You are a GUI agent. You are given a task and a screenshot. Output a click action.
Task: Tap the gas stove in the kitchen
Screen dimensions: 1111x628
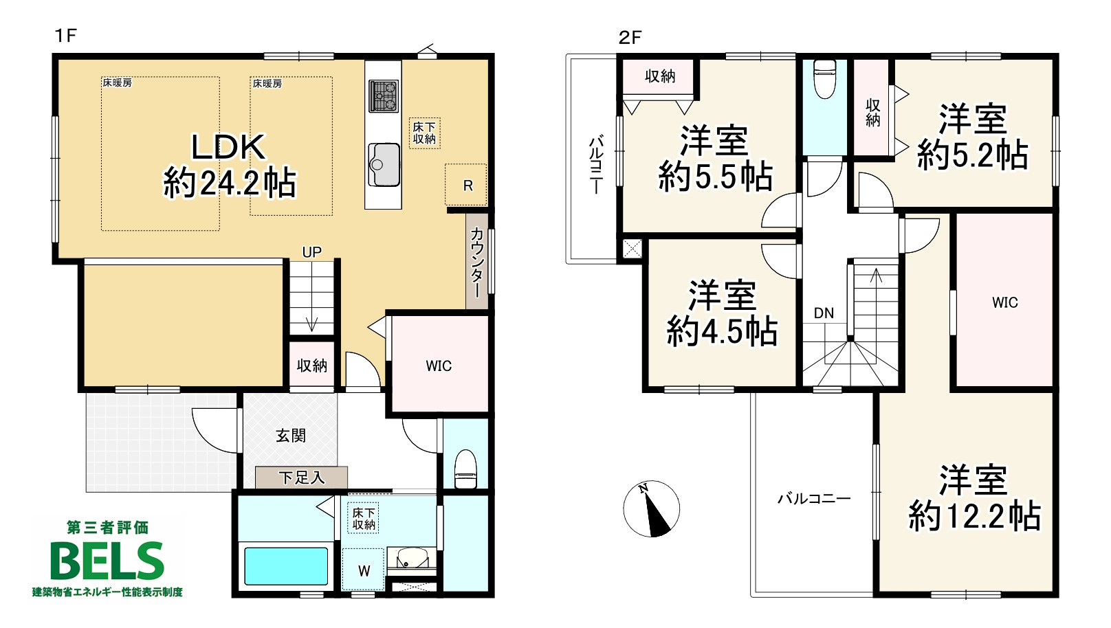383,96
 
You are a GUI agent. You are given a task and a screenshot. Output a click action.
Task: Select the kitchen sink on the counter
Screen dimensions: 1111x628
384,165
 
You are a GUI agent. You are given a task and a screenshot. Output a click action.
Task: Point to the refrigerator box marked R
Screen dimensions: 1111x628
465,184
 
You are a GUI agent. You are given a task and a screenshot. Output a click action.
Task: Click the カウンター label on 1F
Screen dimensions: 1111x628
476,262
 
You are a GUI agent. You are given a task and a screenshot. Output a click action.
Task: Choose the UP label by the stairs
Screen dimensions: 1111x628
311,252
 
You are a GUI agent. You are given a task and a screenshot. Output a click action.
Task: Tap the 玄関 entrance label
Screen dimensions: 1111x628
291,436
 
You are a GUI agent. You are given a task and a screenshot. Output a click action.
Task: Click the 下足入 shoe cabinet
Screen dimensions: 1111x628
301,478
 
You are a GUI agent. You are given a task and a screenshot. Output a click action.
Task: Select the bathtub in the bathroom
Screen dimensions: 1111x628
286,566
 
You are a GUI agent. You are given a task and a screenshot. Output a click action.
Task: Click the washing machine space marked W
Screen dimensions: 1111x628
364,570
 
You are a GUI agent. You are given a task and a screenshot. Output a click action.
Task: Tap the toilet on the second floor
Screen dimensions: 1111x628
825,79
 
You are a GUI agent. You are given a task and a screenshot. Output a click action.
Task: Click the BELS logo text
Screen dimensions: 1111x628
107,561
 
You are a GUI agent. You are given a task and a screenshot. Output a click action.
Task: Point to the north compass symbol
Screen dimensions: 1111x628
651,508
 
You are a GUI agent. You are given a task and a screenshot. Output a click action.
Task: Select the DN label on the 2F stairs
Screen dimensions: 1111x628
824,313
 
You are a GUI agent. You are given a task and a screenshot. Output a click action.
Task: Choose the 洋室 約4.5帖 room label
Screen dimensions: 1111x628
722,313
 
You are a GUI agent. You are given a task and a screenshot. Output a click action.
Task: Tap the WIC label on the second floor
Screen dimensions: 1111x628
1005,302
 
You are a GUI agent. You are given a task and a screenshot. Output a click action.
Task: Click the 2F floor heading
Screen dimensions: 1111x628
630,37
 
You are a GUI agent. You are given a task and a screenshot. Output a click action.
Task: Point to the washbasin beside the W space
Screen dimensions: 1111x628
411,559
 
